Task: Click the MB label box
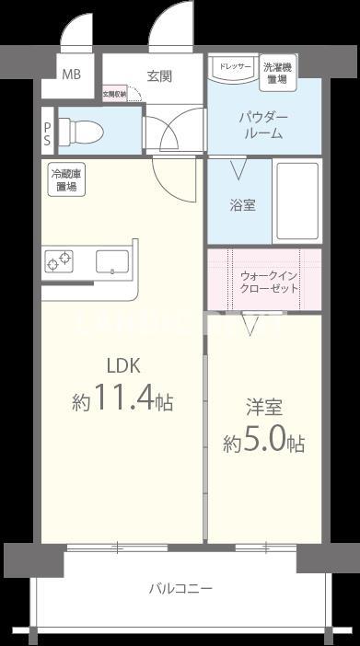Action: click(x=70, y=75)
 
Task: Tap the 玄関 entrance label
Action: click(x=159, y=75)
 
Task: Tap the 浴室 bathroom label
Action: click(x=242, y=205)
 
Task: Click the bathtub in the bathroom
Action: click(x=296, y=202)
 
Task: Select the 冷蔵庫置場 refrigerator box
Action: click(x=65, y=179)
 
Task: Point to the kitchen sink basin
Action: click(x=112, y=261)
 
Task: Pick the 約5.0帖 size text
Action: click(x=263, y=443)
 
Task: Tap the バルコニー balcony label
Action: click(x=180, y=588)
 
